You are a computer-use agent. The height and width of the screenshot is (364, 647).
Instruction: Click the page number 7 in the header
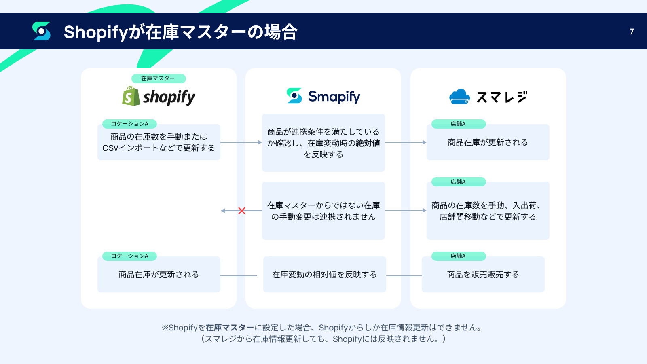(632, 32)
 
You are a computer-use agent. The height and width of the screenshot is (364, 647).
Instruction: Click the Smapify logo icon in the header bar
(41, 31)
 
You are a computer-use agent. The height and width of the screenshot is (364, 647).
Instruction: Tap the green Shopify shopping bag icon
(131, 96)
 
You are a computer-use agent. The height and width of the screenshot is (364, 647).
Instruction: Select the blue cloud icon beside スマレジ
(459, 96)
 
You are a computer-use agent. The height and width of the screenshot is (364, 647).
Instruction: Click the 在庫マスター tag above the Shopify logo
(159, 78)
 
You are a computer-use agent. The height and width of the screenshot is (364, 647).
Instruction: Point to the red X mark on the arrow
(242, 211)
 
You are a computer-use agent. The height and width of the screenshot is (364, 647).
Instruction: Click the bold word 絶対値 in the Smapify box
(368, 143)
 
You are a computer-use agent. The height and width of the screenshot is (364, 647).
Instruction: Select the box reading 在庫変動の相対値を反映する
(324, 275)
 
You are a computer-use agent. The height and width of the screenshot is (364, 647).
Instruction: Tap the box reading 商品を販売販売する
(483, 275)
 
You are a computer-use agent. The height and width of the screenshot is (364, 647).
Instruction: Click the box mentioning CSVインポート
(159, 142)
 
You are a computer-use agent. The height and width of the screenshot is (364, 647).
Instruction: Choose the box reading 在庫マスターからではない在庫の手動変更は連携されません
(323, 211)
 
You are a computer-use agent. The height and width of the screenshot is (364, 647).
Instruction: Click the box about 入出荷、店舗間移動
(488, 211)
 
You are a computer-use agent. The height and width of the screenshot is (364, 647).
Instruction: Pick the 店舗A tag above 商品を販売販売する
(459, 256)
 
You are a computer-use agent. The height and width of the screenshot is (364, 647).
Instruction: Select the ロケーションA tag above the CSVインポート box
(129, 124)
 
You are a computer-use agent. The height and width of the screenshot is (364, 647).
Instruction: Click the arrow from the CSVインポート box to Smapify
(241, 142)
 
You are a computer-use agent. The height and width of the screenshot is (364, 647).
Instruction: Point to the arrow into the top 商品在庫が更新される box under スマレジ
(406, 142)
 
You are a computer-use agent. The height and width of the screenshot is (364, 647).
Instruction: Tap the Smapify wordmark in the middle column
(334, 97)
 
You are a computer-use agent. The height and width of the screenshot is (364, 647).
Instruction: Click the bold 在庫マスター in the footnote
(230, 328)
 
